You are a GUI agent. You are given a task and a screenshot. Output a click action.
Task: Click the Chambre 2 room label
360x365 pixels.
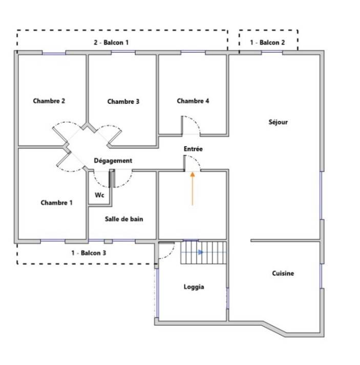[x=49, y=101]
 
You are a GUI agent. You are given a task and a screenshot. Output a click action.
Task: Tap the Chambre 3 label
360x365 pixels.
[x=123, y=101]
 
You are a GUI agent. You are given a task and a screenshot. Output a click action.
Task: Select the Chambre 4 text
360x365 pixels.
[x=193, y=101]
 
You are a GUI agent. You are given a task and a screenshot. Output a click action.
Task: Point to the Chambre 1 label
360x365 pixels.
[x=56, y=203]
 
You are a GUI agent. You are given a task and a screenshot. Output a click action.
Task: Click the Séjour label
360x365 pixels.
[x=278, y=122]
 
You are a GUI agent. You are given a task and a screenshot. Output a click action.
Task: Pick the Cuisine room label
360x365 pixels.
[x=283, y=273]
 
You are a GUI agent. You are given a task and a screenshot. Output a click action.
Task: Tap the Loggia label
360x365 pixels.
[x=194, y=287]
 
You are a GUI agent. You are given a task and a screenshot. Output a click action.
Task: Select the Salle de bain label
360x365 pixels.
[x=124, y=219]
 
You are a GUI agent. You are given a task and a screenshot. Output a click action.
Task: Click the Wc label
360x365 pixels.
[x=99, y=195]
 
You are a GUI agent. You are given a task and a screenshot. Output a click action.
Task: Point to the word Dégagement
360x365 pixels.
[x=113, y=161]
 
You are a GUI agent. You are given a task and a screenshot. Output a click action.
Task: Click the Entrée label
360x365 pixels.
[x=193, y=149]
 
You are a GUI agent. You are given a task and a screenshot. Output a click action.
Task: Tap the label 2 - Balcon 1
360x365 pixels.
[x=111, y=42]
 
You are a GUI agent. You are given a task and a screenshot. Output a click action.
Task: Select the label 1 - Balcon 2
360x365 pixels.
[x=267, y=42]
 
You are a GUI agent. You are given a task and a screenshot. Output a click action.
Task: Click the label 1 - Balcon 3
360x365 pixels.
[x=89, y=253]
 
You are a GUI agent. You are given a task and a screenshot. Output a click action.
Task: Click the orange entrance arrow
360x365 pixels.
[x=193, y=189]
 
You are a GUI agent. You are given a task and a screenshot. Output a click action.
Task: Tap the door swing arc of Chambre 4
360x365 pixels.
[x=195, y=121]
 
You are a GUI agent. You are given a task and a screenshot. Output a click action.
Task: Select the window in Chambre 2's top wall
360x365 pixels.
[x=54, y=53]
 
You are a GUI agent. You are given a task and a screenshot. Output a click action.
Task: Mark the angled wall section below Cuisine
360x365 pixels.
[x=275, y=329]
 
